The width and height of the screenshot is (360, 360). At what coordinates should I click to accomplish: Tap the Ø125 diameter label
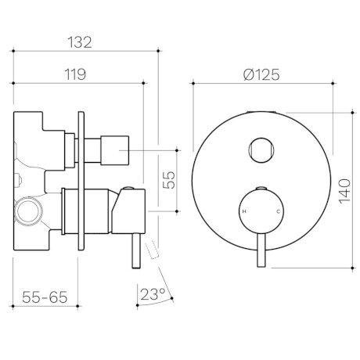(x=261, y=74)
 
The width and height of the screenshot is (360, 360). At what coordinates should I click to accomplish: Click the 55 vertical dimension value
(x=169, y=179)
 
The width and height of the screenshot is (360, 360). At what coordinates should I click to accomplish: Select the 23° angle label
(x=153, y=294)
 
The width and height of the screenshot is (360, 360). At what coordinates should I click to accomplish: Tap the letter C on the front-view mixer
(x=278, y=213)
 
